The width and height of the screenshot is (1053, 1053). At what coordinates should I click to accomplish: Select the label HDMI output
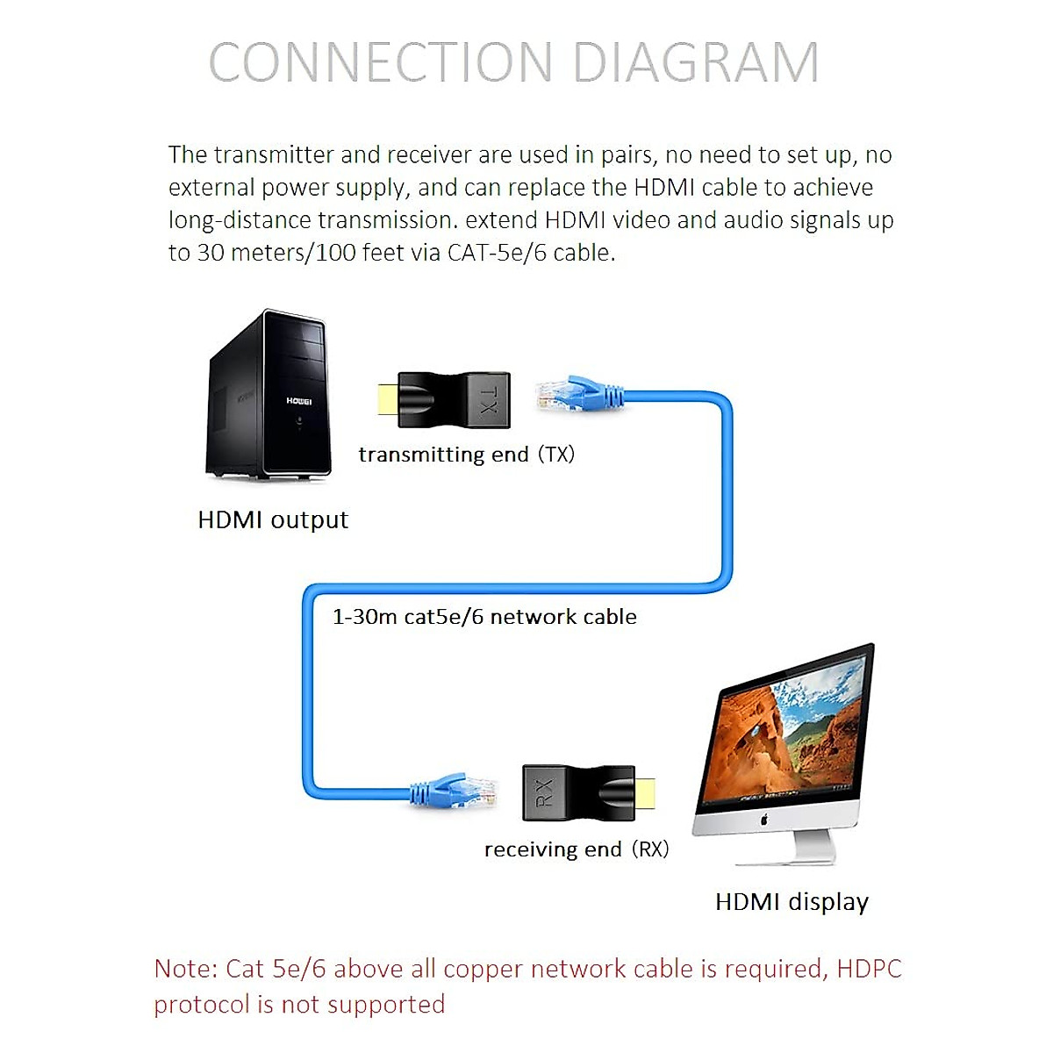tap(273, 519)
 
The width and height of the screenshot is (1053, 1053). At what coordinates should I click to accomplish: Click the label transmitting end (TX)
tap(466, 455)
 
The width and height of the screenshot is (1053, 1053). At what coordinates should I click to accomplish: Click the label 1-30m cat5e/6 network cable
tap(484, 617)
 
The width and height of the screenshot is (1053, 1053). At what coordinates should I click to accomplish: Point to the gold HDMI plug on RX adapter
tap(644, 793)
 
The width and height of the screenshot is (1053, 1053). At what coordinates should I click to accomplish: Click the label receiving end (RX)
tap(577, 849)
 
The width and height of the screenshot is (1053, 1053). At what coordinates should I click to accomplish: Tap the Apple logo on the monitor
tap(764, 820)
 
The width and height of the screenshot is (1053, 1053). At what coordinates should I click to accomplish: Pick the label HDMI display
tap(792, 902)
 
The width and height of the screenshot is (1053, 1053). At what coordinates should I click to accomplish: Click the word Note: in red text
tap(186, 969)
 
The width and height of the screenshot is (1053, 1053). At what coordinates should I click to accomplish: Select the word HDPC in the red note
tap(869, 969)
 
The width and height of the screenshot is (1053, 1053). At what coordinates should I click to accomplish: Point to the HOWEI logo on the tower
tap(298, 401)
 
